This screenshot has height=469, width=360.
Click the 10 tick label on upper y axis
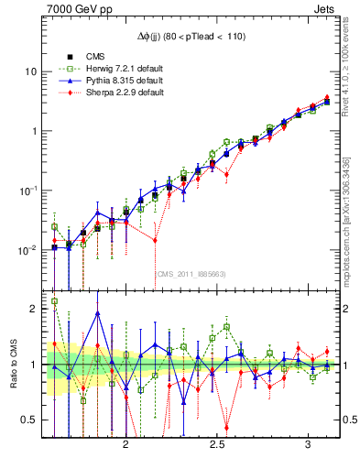coord(31,71)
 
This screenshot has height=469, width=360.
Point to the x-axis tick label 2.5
coord(217,444)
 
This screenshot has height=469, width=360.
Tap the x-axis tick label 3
coord(307,444)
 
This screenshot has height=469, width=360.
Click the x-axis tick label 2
coord(126,444)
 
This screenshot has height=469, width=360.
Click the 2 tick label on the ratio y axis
coord(34,309)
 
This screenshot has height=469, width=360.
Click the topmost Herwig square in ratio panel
coord(54,300)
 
